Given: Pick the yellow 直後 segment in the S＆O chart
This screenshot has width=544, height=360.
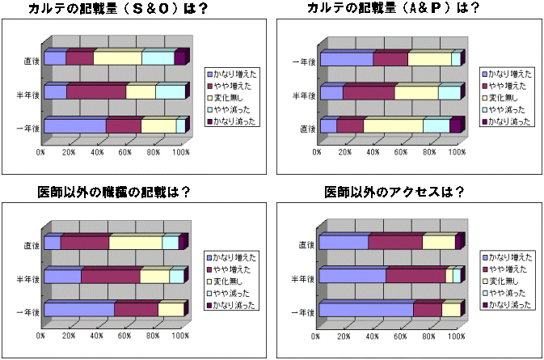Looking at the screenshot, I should tap(117, 58).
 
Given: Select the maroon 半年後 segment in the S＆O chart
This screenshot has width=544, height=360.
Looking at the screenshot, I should tap(96, 91).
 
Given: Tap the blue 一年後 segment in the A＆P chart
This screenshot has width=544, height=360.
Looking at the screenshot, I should tap(346, 59).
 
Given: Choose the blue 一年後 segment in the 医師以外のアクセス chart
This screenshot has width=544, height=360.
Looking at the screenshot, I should tap(365, 310).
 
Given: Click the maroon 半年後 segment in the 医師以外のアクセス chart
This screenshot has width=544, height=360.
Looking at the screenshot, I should tap(415, 276).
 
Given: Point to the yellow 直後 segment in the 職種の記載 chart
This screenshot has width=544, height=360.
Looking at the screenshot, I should tap(135, 243).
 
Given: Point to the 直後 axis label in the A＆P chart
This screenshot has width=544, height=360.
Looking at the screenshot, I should tap(307, 128).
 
